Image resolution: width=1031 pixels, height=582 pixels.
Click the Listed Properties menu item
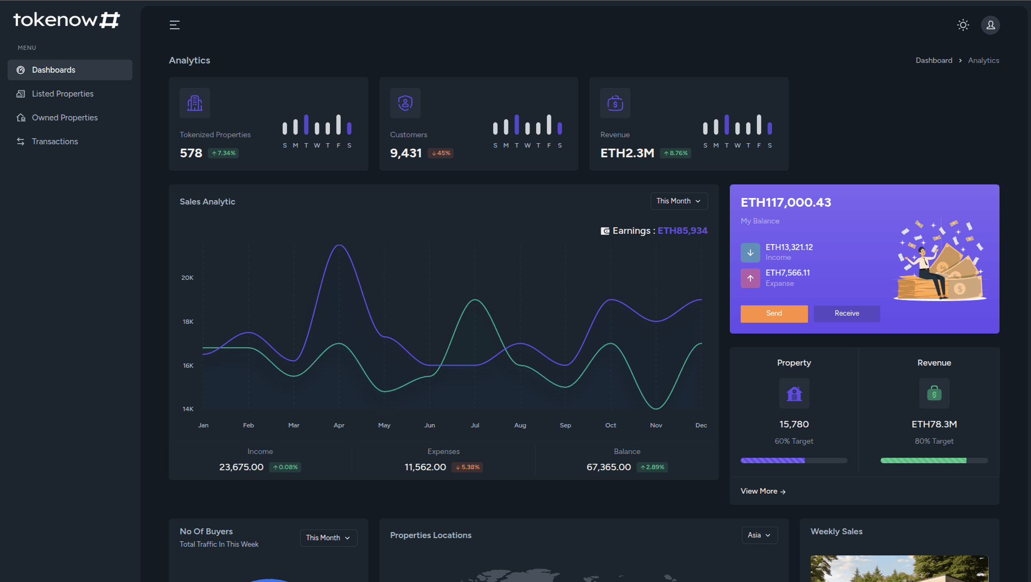62,94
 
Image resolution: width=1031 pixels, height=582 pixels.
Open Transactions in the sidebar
55,142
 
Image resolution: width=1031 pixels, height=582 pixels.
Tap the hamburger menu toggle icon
174,25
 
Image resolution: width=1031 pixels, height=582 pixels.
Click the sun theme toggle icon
963,25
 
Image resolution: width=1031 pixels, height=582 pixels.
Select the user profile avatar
990,25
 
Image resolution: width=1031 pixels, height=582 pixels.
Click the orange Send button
774,314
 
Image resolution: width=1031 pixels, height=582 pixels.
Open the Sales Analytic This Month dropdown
679,201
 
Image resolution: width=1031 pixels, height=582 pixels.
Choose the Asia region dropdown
759,535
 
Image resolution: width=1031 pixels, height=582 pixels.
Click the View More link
763,491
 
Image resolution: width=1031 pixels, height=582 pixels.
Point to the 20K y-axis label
187,278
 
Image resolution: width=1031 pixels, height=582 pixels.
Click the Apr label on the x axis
339,425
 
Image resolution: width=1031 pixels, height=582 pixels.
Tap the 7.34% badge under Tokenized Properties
224,154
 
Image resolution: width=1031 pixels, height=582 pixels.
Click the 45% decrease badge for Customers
441,154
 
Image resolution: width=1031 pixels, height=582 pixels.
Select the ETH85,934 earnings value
682,231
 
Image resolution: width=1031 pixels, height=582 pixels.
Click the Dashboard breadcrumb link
933,61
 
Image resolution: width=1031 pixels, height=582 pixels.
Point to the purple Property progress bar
772,461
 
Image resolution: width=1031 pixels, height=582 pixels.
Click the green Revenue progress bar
923,461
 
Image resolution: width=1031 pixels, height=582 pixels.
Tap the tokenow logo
66,20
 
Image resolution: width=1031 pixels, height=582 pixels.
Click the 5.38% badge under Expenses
467,468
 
